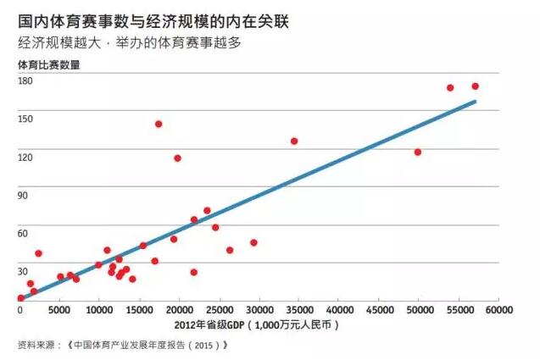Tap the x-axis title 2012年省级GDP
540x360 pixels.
pos(259,324)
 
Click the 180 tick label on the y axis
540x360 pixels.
pos(25,80)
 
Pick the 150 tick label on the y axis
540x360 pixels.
pos(25,119)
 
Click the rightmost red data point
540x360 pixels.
pos(476,86)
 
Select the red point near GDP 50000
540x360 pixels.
pos(418,152)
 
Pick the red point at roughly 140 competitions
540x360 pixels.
pos(159,124)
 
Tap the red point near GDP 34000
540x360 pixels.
pos(294,141)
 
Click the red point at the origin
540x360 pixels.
pos(20,297)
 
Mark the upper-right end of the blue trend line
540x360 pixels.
pos(475,102)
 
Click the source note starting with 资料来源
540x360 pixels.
pos(122,345)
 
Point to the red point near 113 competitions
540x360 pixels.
pos(177,158)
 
